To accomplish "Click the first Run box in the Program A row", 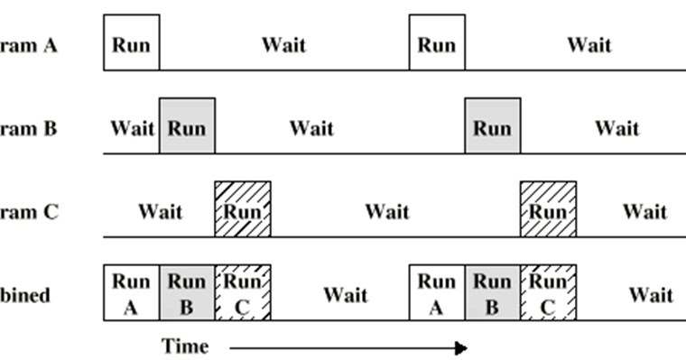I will click(131, 42).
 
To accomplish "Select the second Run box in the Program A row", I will click(437, 42).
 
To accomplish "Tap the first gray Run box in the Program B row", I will click(187, 126).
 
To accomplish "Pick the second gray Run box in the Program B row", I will click(493, 126).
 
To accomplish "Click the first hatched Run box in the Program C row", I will click(242, 209).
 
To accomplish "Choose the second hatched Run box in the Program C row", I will click(548, 209).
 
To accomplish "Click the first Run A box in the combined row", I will click(131, 293).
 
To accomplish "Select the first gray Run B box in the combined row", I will click(187, 293).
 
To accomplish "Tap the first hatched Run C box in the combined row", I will click(242, 293).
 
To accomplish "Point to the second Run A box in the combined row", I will click(437, 293).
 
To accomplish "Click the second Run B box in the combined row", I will click(493, 293).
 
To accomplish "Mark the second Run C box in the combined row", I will click(548, 293).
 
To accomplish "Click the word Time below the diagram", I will click(185, 346).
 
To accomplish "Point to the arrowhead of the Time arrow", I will click(461, 347).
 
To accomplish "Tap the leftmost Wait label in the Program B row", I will click(132, 128).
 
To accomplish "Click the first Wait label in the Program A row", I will click(283, 44).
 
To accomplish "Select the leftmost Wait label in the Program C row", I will click(160, 212).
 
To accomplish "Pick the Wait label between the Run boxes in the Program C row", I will click(387, 212).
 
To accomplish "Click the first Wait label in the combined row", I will click(345, 295).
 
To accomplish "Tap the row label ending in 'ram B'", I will click(28, 128).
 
